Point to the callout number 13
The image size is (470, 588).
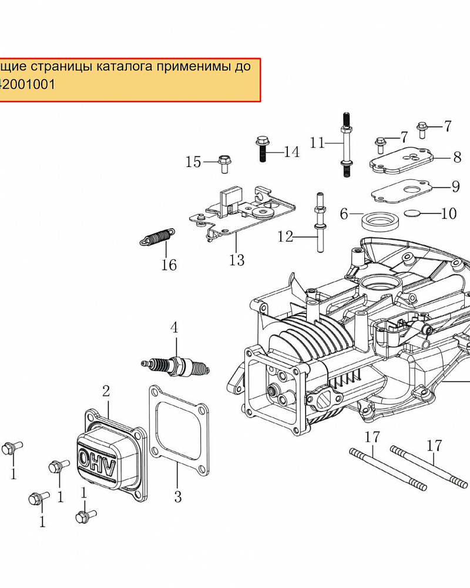pyautogui.click(x=237, y=259)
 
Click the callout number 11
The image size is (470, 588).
pyautogui.click(x=317, y=142)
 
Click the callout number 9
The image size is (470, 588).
pyautogui.click(x=456, y=187)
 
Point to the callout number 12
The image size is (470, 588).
pyautogui.click(x=286, y=236)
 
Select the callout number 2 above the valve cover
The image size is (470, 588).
pyautogui.click(x=106, y=391)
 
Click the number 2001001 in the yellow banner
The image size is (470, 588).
pyautogui.click(x=30, y=84)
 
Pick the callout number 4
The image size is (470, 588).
pyautogui.click(x=174, y=327)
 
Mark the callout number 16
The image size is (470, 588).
pyautogui.click(x=169, y=265)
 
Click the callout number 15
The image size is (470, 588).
pyautogui.click(x=193, y=162)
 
